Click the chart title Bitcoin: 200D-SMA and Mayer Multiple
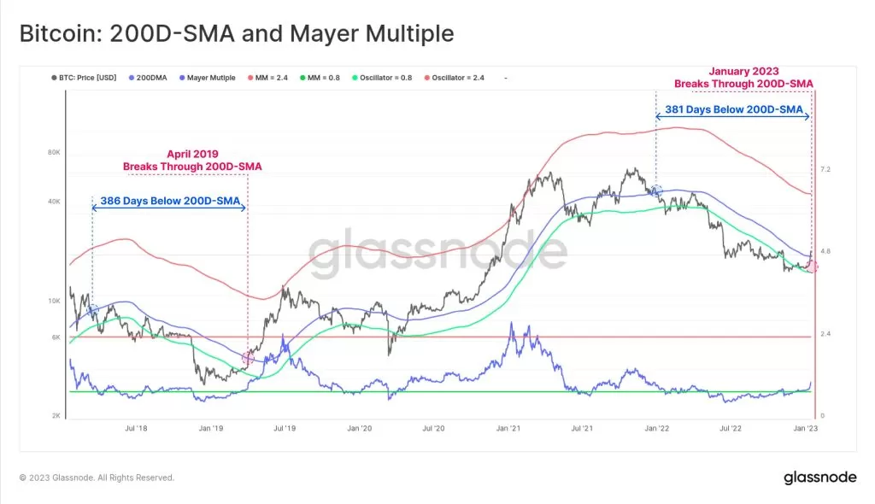236,34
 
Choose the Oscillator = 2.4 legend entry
461,78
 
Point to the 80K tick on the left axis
53,153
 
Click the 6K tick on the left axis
56,337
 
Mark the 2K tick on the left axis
56,415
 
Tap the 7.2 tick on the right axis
826,170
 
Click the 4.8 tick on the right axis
826,251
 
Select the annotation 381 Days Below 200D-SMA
733,110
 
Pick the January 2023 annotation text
743,77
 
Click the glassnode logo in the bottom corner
819,477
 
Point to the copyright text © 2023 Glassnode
97,478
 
